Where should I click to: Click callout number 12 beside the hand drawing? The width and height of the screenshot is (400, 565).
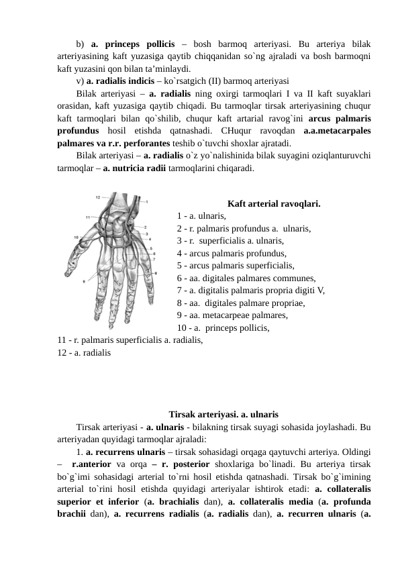(x=97, y=197)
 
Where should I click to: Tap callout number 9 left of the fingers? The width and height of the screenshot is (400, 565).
(x=85, y=282)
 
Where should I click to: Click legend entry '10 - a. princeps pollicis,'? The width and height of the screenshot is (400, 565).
(x=223, y=329)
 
